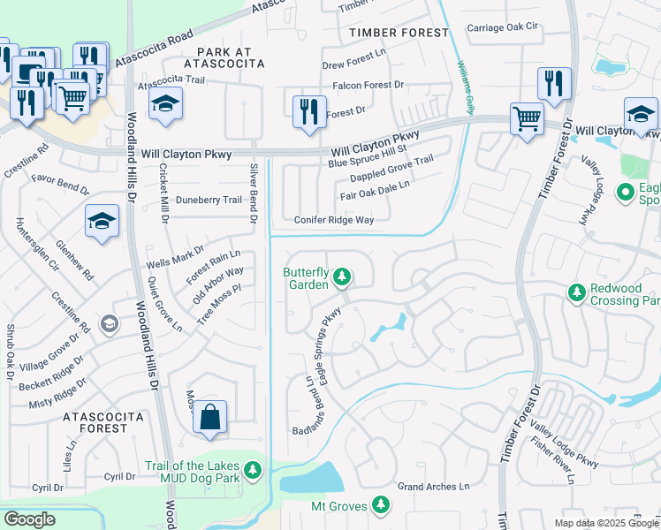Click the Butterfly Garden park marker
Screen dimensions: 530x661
coord(342,278)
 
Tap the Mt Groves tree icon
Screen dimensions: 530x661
coord(380,504)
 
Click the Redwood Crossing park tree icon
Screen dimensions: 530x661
coord(577,291)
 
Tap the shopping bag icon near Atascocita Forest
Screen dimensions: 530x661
coord(210,418)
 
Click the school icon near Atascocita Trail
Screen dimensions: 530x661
coord(165,104)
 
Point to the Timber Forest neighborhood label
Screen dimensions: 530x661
coord(399,33)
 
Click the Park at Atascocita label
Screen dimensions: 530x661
coord(224,58)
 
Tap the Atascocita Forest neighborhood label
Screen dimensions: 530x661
coord(90,421)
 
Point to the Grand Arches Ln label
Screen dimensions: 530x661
coord(433,487)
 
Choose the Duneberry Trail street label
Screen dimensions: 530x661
coord(209,200)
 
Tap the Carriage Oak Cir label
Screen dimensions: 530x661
coord(503,27)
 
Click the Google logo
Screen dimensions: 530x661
coord(28,519)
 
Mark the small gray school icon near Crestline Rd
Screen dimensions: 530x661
coord(109,323)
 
